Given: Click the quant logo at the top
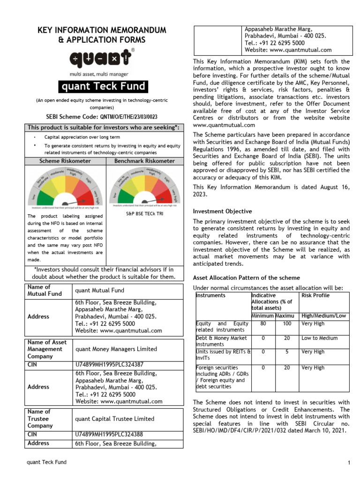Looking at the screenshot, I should [x=102, y=59].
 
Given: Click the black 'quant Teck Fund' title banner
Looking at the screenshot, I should [x=102, y=87].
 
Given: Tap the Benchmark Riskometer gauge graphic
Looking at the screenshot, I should [x=145, y=188].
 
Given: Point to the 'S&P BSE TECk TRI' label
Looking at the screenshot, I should [x=145, y=213].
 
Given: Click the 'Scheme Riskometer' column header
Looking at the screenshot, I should [x=65, y=161].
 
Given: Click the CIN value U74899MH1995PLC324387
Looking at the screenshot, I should [x=109, y=364].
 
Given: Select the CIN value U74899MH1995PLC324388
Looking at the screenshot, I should [x=109, y=435].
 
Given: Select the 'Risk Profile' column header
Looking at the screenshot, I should [x=315, y=295].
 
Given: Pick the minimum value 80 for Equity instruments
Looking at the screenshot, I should [x=263, y=323].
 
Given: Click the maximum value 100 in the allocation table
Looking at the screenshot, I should [x=287, y=323].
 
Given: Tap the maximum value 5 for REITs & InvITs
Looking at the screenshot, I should [x=287, y=351].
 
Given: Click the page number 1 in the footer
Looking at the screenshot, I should [x=349, y=463].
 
